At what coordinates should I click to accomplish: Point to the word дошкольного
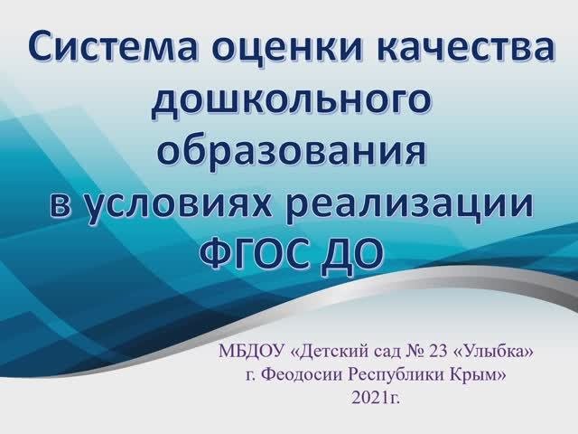(x=291, y=100)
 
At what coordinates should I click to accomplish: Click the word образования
(x=292, y=151)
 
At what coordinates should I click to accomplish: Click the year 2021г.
(x=376, y=398)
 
